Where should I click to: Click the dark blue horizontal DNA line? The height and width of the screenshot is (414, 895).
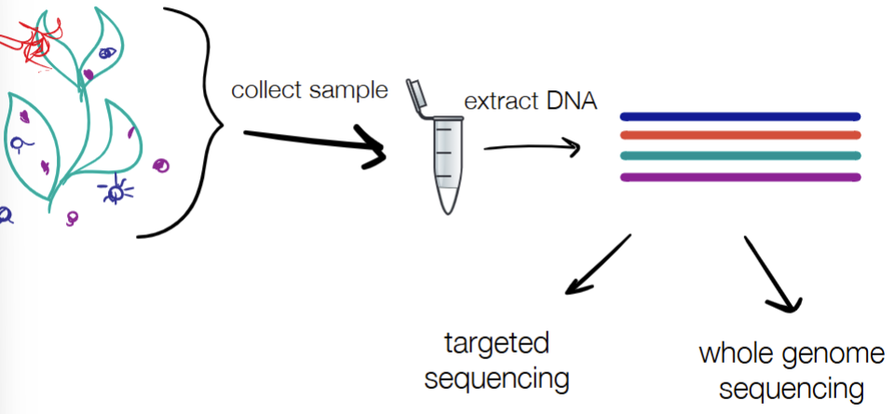(739, 117)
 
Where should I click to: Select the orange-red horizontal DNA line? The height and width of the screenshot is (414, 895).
(739, 135)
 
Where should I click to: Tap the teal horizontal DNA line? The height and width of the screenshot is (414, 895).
(739, 155)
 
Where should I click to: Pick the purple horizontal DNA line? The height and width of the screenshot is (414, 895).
(739, 178)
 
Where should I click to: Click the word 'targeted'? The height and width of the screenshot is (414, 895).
(496, 344)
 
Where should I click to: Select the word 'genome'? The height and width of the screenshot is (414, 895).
(836, 354)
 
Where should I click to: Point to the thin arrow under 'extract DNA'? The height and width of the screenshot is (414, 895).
(531, 147)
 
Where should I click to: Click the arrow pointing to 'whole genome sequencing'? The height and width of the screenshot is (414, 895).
(772, 274)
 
